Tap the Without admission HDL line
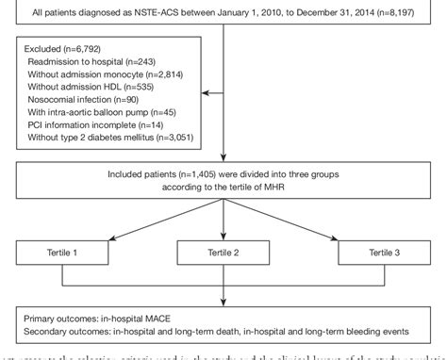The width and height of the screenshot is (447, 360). pos(77,96)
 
